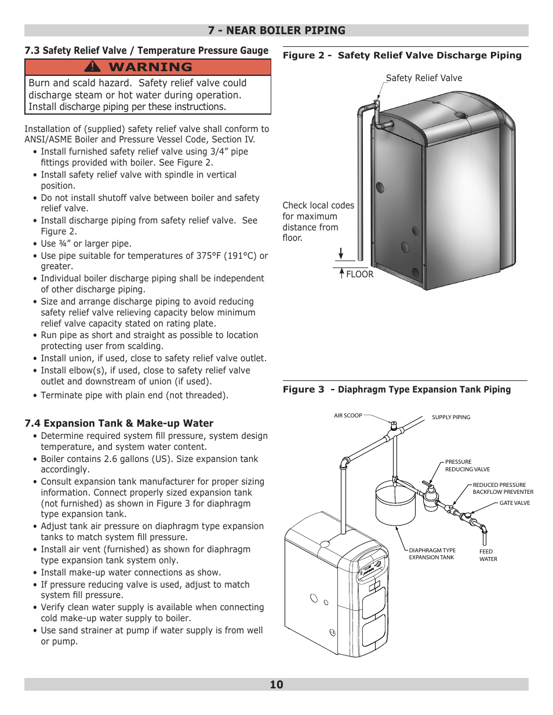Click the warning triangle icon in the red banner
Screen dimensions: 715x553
tap(92, 67)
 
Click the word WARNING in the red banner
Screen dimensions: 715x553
tap(150, 67)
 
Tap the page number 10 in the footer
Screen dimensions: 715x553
tap(276, 684)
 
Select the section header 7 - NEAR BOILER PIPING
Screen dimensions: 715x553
tap(276, 31)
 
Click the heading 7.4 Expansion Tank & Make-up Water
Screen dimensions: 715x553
tap(119, 423)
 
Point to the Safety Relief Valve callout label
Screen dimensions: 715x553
tap(424, 78)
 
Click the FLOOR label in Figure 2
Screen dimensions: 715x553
tap(359, 274)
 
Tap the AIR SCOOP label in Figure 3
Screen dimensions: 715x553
tap(348, 416)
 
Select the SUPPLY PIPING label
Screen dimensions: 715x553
tap(451, 417)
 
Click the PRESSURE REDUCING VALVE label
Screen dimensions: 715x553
tap(467, 466)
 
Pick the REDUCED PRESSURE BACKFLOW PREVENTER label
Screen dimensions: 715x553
tap(502, 489)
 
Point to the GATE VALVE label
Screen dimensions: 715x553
tap(515, 503)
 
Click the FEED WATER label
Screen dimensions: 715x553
tap(488, 555)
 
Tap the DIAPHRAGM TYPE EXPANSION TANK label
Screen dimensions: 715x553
tap(432, 554)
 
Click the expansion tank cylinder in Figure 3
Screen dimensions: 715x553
tap(395, 504)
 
